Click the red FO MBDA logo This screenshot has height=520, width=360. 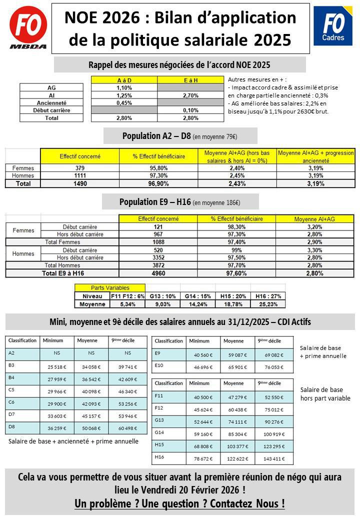(x=28, y=28)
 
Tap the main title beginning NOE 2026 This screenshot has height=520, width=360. (x=180, y=29)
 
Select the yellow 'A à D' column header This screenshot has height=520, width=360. (x=124, y=80)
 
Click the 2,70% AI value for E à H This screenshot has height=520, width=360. (x=191, y=95)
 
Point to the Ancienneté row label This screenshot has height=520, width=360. (x=55, y=102)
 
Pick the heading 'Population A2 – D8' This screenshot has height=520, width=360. (x=180, y=136)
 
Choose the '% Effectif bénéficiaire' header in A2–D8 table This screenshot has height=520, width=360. (x=158, y=156)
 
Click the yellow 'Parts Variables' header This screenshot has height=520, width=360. (x=110, y=288)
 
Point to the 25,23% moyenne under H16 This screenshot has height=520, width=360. (x=268, y=303)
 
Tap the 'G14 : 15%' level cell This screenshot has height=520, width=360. (x=197, y=296)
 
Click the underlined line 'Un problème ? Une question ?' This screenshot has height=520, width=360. (x=180, y=503)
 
